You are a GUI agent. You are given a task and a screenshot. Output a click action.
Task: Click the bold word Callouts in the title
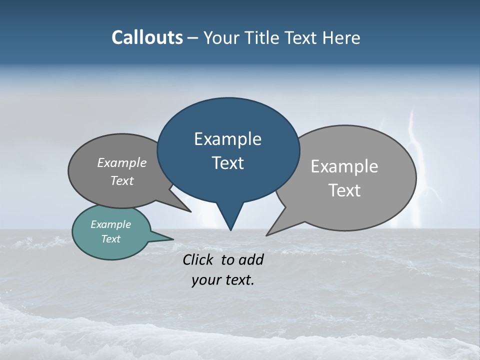[x=147, y=37]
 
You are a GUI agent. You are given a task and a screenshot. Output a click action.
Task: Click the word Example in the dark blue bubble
[x=227, y=139]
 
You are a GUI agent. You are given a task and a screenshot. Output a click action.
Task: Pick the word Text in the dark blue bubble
[x=227, y=163]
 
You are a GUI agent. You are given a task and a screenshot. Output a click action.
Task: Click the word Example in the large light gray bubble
[x=344, y=166]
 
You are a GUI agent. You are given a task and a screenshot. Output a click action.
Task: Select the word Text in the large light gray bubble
[x=344, y=190]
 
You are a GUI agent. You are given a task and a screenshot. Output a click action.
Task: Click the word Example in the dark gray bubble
[x=122, y=162]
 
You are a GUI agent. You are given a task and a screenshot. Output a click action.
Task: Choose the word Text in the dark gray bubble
[x=122, y=180]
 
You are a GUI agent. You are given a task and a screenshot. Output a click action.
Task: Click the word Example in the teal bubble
[x=111, y=224]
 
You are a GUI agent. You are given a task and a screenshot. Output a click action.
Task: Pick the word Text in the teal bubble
[x=111, y=239]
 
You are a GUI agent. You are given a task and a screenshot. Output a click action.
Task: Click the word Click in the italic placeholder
[x=198, y=259]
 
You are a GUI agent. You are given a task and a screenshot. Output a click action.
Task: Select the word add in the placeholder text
[x=251, y=259]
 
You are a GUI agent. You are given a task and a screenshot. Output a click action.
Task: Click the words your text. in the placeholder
[x=223, y=280]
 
